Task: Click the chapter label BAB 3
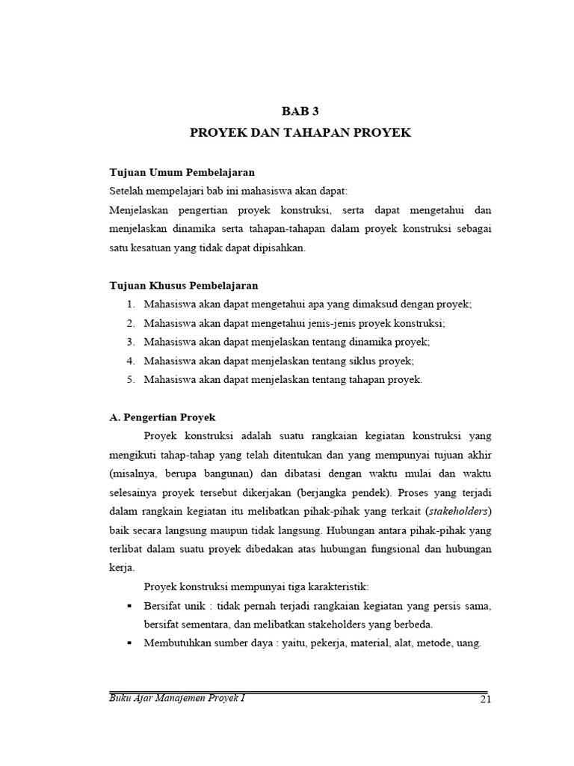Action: pyautogui.click(x=300, y=111)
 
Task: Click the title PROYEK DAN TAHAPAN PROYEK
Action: pyautogui.click(x=300, y=132)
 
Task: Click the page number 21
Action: pyautogui.click(x=484, y=699)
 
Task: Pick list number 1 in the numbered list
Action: pyautogui.click(x=130, y=304)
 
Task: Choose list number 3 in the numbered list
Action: pyautogui.click(x=130, y=342)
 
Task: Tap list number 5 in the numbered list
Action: pyautogui.click(x=130, y=379)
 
